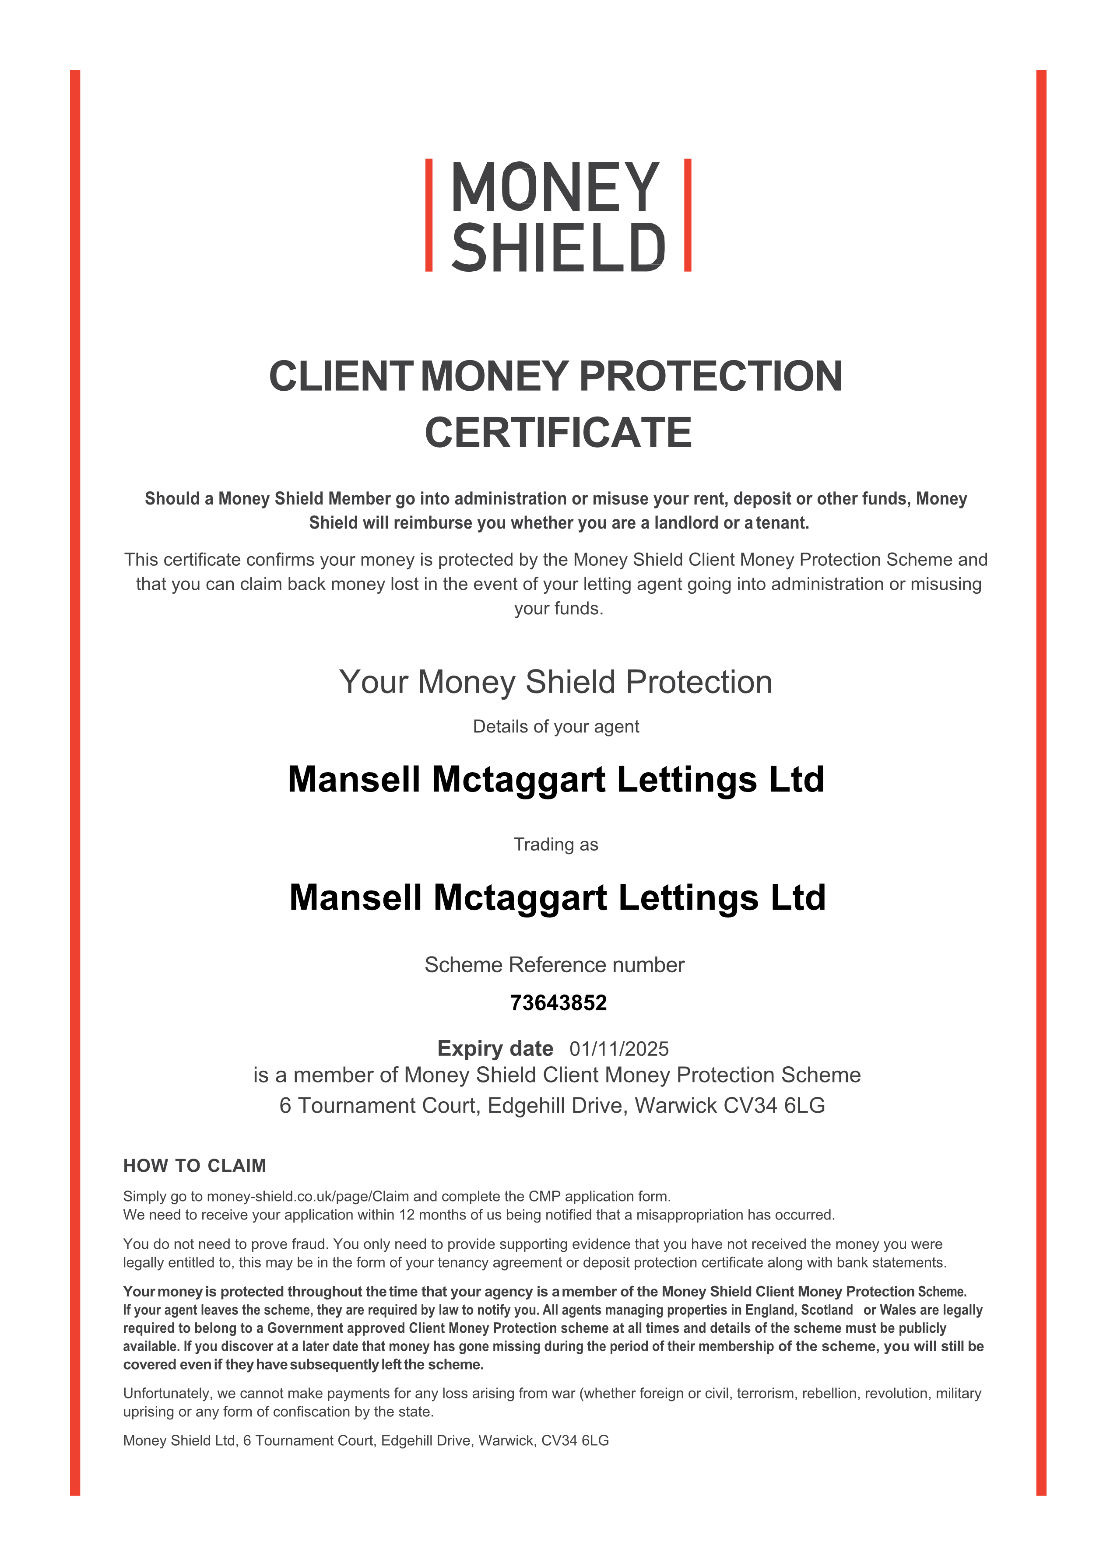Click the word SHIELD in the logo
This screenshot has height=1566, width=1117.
click(x=558, y=248)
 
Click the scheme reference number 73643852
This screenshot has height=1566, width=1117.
click(x=558, y=1003)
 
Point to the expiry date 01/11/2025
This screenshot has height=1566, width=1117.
click(x=618, y=1049)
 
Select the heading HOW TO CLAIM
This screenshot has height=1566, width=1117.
click(x=195, y=1166)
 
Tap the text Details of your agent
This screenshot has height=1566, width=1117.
click(x=556, y=727)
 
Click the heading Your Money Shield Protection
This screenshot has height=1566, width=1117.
click(x=556, y=682)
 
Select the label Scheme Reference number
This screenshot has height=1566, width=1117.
click(x=555, y=965)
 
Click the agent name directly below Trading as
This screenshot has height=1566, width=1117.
click(x=557, y=898)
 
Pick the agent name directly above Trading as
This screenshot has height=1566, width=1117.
click(x=556, y=780)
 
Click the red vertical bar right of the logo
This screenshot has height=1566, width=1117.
click(x=687, y=215)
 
